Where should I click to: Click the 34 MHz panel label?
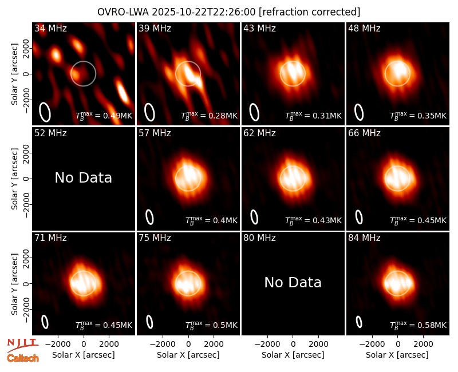(50, 28)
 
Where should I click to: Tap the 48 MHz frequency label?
(364, 28)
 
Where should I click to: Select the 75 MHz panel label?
(155, 238)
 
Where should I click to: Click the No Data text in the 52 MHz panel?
(83, 177)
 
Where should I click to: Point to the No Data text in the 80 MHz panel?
(293, 282)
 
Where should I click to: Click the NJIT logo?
(22, 345)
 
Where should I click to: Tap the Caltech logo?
(23, 358)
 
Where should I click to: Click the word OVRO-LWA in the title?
(123, 12)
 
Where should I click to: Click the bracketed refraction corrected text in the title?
(309, 12)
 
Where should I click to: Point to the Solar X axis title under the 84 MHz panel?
(397, 355)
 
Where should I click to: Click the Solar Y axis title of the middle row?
(14, 179)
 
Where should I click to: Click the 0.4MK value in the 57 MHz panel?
(211, 220)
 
